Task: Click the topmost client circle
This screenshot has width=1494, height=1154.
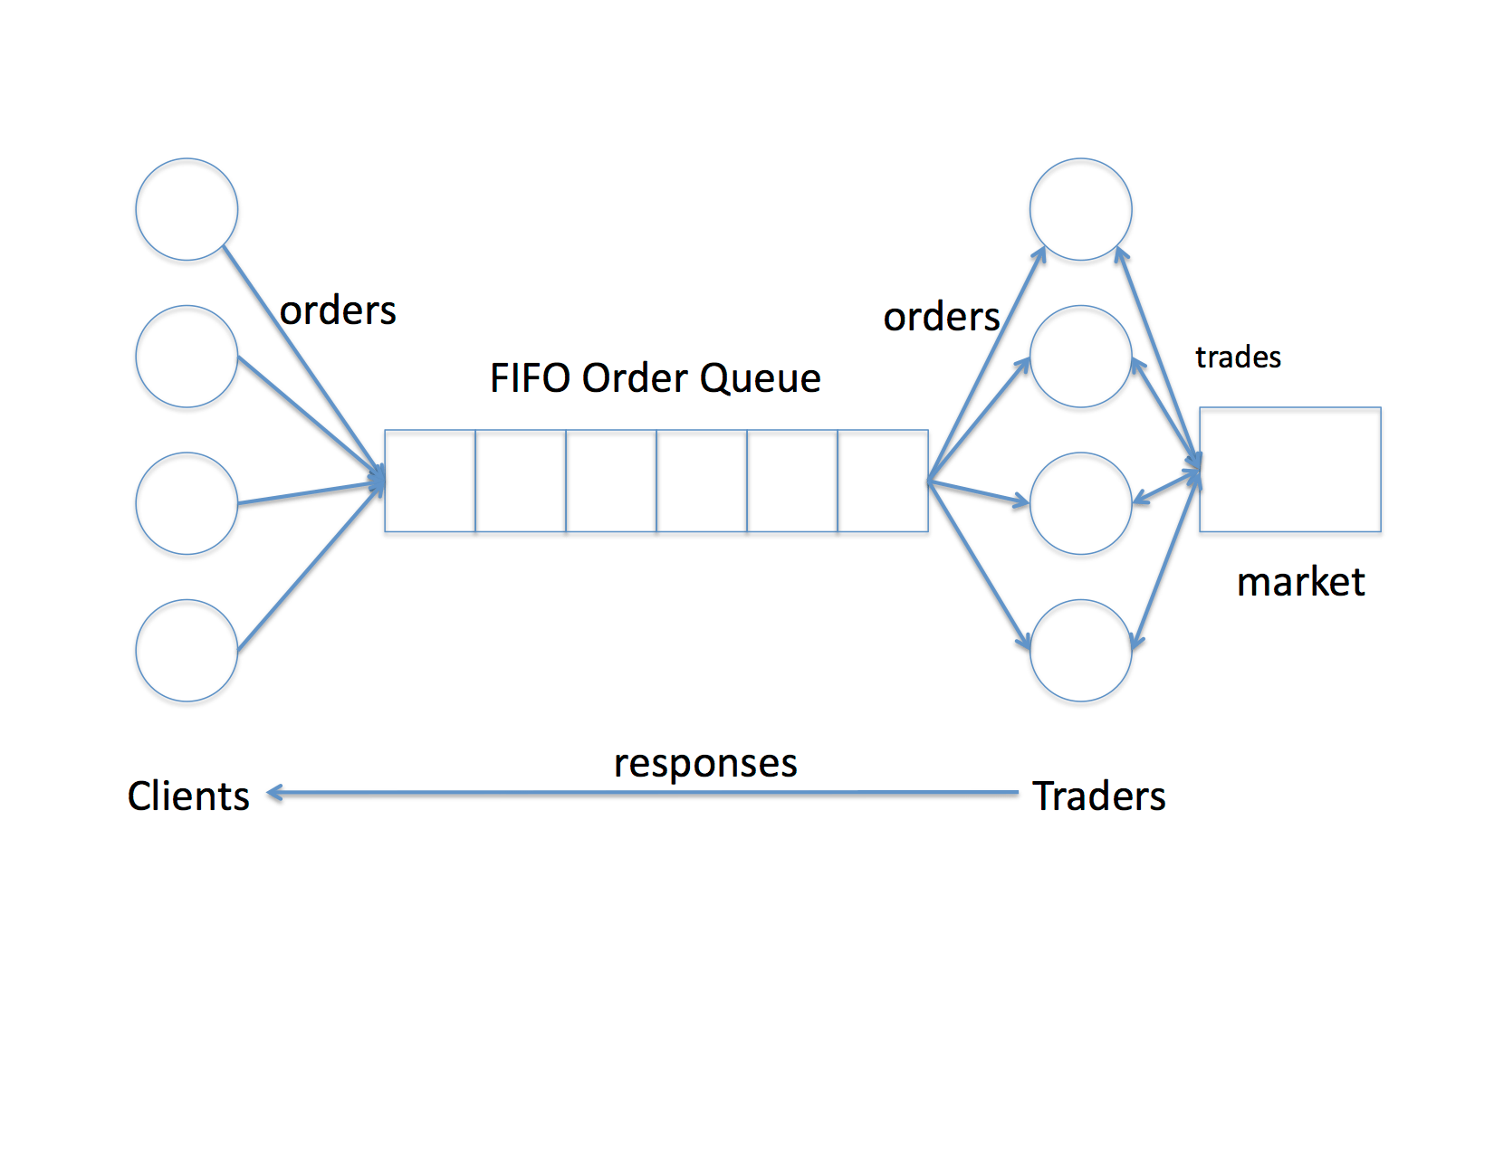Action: (187, 209)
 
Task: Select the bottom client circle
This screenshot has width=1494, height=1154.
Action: (187, 650)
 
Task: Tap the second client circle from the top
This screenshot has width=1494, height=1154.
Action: (187, 357)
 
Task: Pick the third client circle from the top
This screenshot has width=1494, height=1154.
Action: (187, 503)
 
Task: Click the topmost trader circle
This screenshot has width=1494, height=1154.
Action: (1080, 209)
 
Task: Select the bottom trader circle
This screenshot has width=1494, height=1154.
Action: (1080, 650)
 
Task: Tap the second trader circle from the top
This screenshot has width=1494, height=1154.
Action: (1080, 357)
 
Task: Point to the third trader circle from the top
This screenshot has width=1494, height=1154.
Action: (1080, 503)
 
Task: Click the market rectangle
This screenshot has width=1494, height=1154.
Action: (1289, 469)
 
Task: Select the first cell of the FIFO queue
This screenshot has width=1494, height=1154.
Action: (430, 481)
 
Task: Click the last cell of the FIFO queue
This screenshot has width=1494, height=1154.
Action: (883, 481)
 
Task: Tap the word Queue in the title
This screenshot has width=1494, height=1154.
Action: (761, 378)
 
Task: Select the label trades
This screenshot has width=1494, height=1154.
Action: (1238, 358)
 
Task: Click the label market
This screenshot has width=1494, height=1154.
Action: (1300, 582)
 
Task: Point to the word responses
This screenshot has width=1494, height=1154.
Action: (705, 764)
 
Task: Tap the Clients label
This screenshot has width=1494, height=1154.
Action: (188, 796)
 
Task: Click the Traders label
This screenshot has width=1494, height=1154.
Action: (1099, 796)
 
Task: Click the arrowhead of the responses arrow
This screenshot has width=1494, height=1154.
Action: (274, 793)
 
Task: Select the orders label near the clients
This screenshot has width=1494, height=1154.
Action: (338, 311)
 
